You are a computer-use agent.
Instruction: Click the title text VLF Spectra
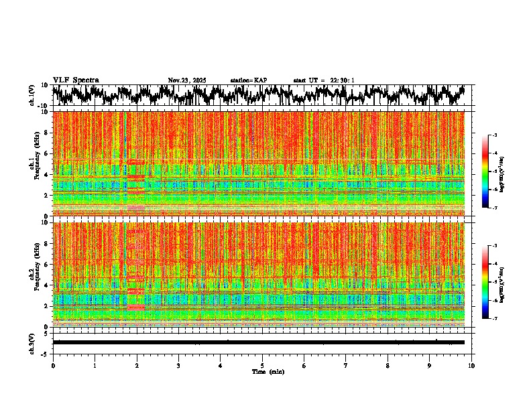(x=76, y=80)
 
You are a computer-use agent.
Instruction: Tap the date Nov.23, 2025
(x=187, y=80)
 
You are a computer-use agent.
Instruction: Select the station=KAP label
(x=248, y=80)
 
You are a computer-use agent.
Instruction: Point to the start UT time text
(x=324, y=80)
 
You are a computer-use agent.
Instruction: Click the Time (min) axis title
(x=268, y=371)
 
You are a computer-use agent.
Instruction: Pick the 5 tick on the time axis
(x=262, y=366)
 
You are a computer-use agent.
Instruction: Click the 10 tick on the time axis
(x=471, y=366)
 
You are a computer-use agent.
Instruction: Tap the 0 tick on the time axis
(x=53, y=366)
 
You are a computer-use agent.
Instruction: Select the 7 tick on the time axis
(x=346, y=366)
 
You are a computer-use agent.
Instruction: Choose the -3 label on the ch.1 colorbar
(x=494, y=135)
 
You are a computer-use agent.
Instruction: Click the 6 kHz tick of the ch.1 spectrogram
(x=47, y=153)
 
